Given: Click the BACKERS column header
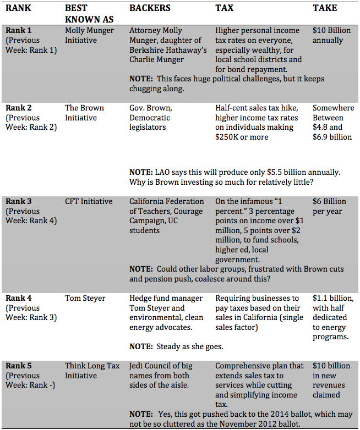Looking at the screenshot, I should [x=150, y=8].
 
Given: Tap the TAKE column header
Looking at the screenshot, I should [x=325, y=8].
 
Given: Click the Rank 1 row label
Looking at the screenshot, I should [x=19, y=30].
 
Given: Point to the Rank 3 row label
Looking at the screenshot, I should [x=19, y=201].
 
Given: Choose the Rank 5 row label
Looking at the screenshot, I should [x=19, y=365].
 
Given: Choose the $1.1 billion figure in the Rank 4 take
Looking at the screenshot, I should [x=331, y=298].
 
